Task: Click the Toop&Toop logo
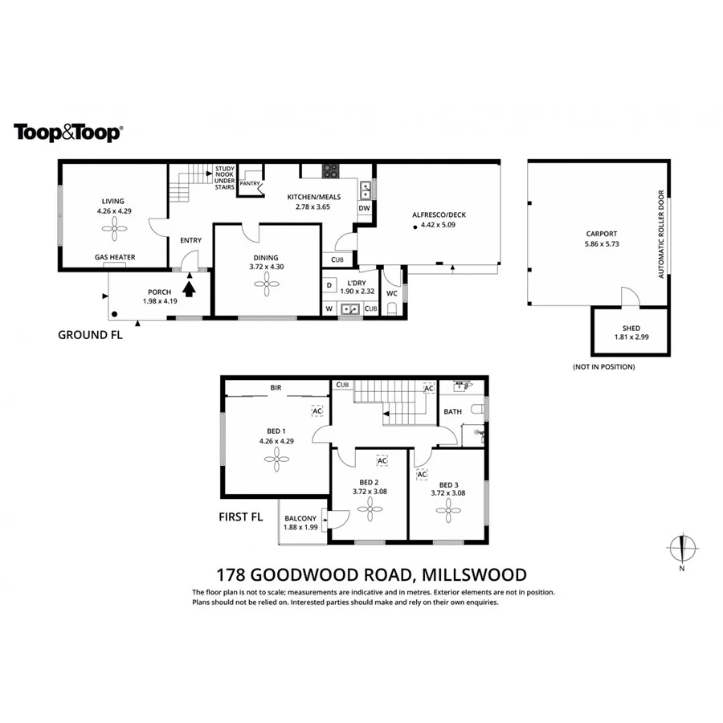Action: coord(67,133)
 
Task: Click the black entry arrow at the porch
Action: coord(190,286)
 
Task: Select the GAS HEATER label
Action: coord(115,258)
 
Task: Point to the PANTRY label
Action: coord(249,183)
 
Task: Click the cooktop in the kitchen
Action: coord(329,170)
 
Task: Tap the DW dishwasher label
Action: coord(364,209)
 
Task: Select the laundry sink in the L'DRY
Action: coord(349,308)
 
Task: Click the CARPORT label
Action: coord(601,234)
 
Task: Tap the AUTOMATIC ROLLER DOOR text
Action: coord(661,234)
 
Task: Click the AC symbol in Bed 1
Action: coord(317,411)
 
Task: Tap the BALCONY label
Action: coord(300,518)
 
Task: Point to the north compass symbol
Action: coord(681,549)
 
